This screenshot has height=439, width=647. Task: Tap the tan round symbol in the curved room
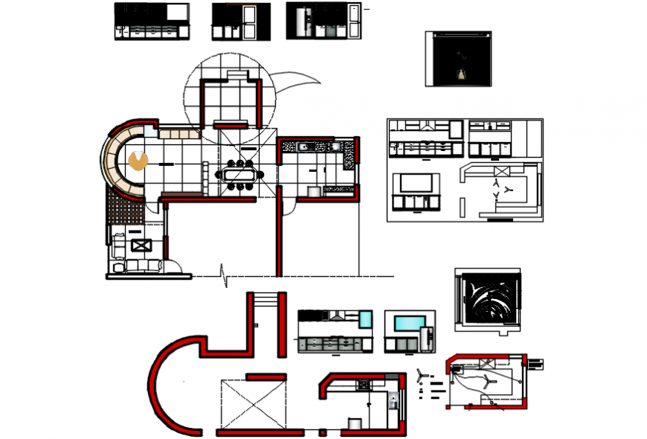click(138, 160)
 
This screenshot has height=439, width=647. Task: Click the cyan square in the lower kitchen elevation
click(365, 318)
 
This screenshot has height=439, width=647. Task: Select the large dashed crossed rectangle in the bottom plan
click(252, 404)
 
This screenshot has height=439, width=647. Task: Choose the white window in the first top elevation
click(176, 13)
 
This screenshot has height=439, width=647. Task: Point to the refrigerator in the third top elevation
click(300, 22)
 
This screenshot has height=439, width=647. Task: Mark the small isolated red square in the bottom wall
click(322, 432)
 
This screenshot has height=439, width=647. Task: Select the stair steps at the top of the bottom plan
click(266, 297)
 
